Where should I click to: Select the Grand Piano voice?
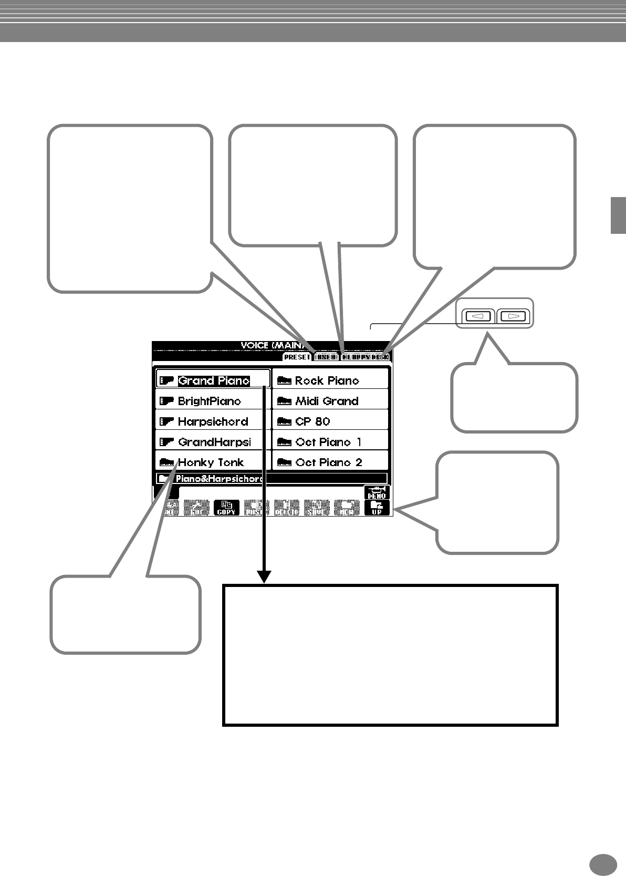pyautogui.click(x=213, y=380)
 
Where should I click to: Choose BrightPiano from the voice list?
pyautogui.click(x=209, y=401)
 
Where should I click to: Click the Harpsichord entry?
pyautogui.click(x=213, y=421)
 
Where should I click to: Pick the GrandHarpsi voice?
pyautogui.click(x=214, y=442)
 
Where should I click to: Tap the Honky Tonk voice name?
pyautogui.click(x=211, y=462)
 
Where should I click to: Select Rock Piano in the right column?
pyautogui.click(x=327, y=380)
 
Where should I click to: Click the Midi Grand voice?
pyautogui.click(x=327, y=401)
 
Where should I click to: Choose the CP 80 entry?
pyautogui.click(x=312, y=421)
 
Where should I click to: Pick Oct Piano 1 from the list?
pyautogui.click(x=328, y=442)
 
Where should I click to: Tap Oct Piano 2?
pyautogui.click(x=328, y=462)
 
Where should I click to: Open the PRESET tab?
pyautogui.click(x=297, y=357)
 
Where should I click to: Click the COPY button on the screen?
pyautogui.click(x=226, y=508)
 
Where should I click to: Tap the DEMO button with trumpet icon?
pyautogui.click(x=377, y=493)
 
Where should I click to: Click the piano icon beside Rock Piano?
pyautogui.click(x=284, y=380)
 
